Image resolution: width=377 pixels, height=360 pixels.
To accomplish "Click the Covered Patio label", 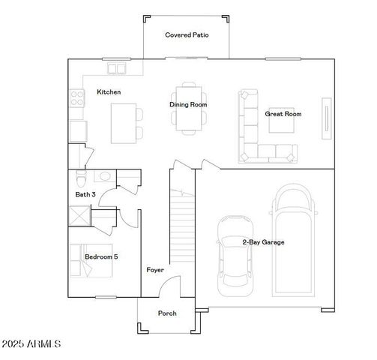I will click(187, 35).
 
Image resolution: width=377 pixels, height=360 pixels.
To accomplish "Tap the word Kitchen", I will click(109, 92).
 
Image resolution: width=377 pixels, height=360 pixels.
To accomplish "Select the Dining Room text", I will click(188, 105).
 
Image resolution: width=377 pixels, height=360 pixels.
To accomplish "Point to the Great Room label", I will click(283, 114).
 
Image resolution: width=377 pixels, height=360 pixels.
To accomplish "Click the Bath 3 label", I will click(85, 194).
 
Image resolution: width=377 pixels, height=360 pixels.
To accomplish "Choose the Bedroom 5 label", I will click(100, 257).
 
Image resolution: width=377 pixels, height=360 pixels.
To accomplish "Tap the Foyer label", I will click(155, 270).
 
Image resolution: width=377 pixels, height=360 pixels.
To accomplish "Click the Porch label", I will click(167, 313).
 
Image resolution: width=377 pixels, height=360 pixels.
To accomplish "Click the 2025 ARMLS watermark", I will click(31, 344).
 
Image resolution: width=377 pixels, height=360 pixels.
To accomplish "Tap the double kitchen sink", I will click(116, 70).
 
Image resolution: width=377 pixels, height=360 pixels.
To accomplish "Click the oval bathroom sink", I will click(105, 176).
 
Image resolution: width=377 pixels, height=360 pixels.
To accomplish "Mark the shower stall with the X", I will click(79, 216).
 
